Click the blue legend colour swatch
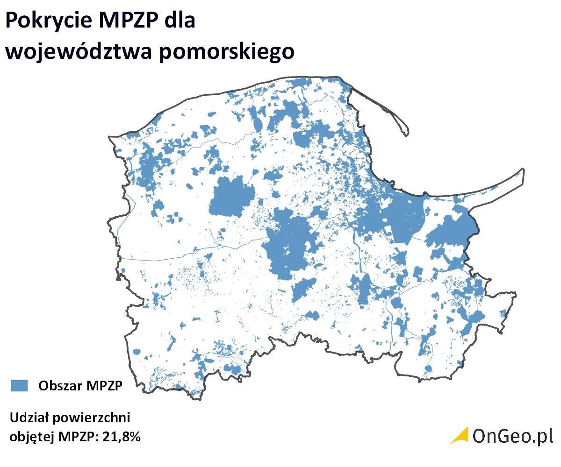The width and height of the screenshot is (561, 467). point(20,385)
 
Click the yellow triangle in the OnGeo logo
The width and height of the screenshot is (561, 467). point(460,435)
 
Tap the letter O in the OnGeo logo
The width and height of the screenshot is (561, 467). point(480,436)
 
